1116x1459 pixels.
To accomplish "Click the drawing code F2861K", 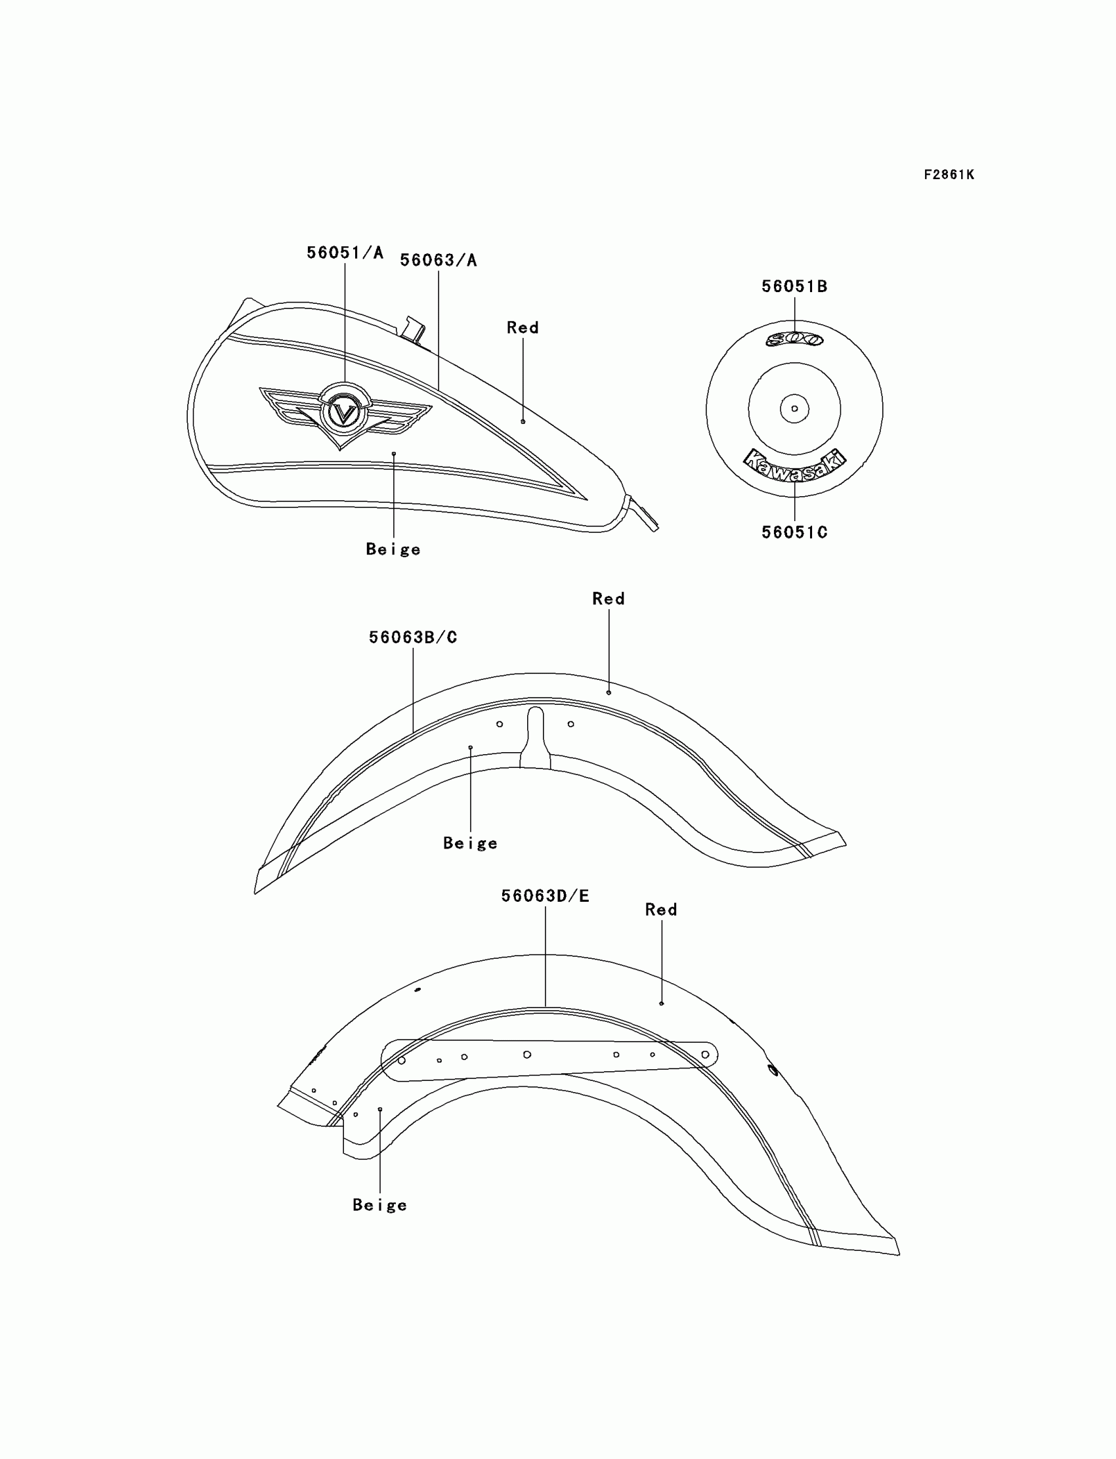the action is (x=949, y=175).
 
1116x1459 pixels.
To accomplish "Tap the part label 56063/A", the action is (x=439, y=261).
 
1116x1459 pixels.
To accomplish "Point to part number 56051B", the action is (x=794, y=286).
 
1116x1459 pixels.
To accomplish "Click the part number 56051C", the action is (x=794, y=532).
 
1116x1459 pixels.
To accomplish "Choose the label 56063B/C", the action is (x=412, y=637).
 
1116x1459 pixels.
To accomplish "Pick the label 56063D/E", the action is (x=545, y=896).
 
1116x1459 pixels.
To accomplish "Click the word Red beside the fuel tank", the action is (x=523, y=328).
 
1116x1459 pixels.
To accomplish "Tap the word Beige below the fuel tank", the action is (x=393, y=549).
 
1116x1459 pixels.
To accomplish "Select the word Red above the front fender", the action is (x=609, y=599).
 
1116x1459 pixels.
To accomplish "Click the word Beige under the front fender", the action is (x=470, y=843).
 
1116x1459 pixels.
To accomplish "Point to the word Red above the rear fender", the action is (x=661, y=909).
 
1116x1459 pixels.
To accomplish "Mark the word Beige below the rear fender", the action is (x=379, y=1204).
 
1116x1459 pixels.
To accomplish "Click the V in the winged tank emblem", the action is (x=344, y=413).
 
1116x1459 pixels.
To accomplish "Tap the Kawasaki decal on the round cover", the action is (x=794, y=464).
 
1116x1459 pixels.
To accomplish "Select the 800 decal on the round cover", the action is (x=794, y=339).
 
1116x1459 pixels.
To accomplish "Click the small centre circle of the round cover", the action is (x=794, y=408).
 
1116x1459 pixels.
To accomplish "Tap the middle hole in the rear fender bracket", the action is (x=526, y=1055).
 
